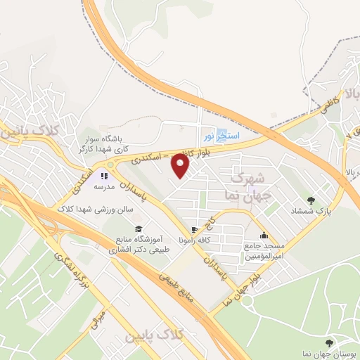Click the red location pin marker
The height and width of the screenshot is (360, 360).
tap(181, 166)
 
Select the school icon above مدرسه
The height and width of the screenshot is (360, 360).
tap(104, 176)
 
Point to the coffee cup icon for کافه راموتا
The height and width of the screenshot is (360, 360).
tap(194, 230)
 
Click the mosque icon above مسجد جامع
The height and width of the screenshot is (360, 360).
tap(264, 236)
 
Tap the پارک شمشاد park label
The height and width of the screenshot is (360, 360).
tap(307, 210)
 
